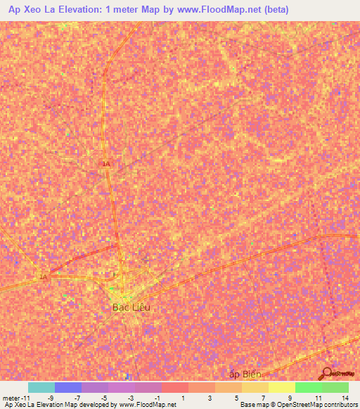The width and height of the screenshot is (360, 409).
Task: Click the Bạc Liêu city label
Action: point(131,307)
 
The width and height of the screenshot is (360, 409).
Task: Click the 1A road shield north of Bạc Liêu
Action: point(106,164)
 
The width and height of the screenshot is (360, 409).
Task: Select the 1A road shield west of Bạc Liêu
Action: point(43,277)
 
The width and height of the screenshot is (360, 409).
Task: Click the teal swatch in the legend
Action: point(41,387)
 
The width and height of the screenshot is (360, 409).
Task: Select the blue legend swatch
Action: point(68,387)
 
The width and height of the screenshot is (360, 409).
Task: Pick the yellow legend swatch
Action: point(281,387)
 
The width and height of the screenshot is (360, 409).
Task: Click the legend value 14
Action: point(345,398)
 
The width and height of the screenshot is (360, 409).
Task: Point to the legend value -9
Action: point(50,398)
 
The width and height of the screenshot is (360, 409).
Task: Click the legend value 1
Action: point(184,398)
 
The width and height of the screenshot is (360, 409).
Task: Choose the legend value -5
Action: point(103,398)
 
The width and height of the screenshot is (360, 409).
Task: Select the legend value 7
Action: point(264,398)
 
